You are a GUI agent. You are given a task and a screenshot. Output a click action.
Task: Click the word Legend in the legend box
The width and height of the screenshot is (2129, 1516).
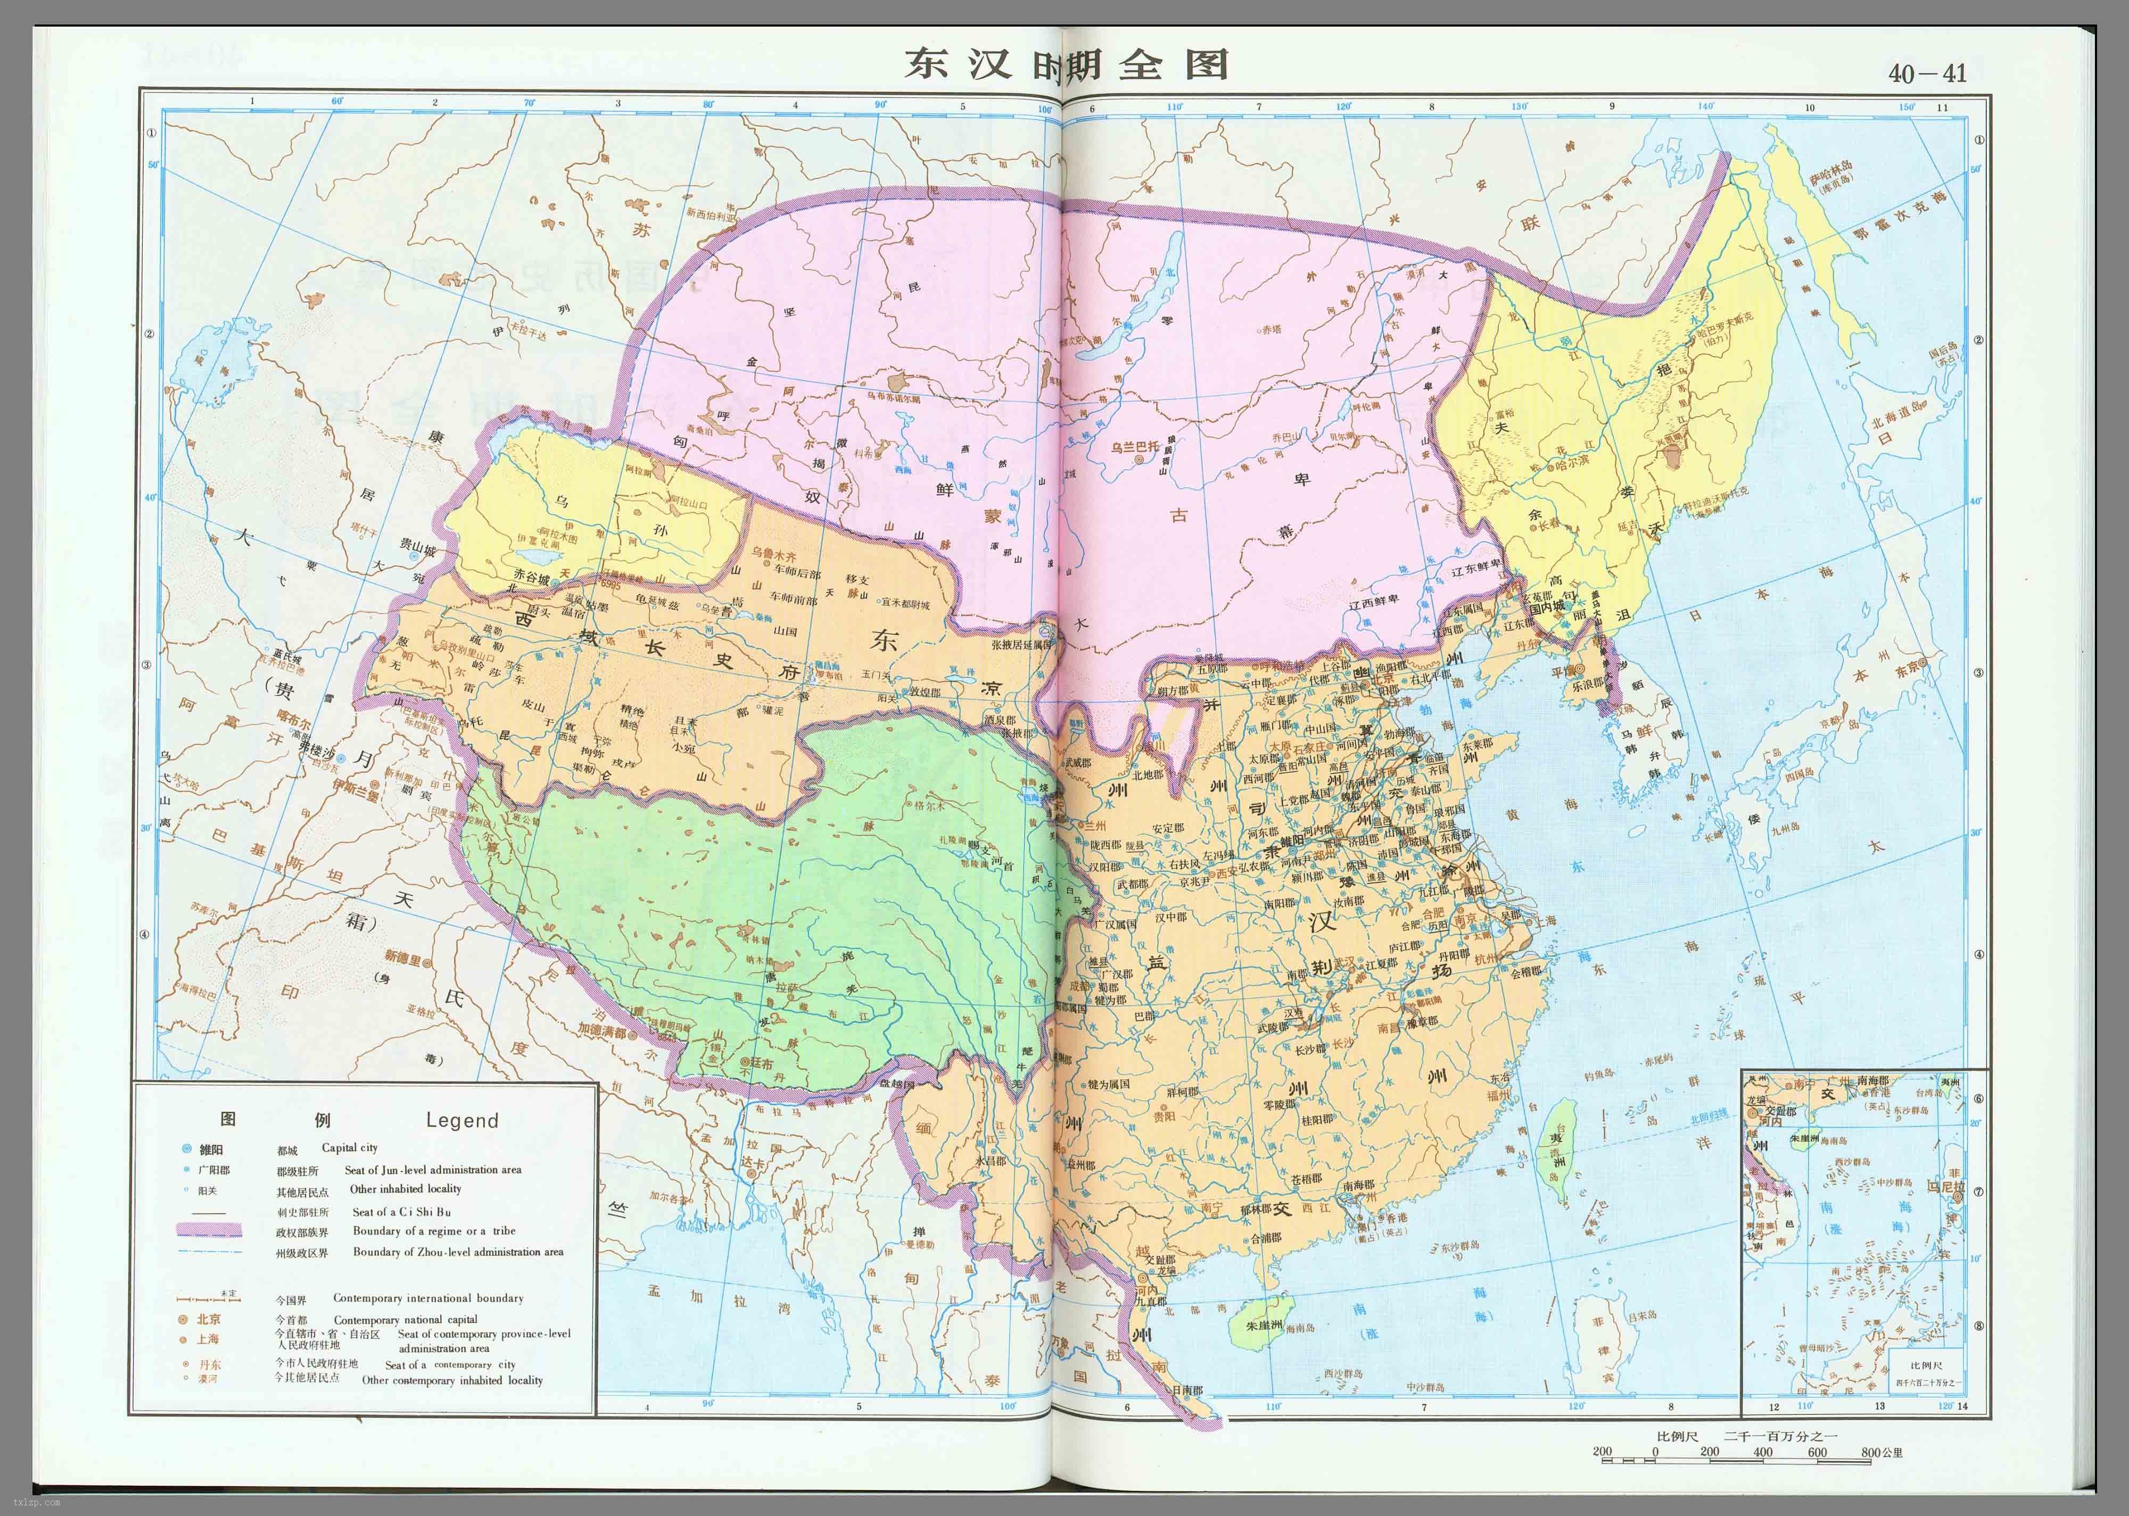pyautogui.click(x=461, y=1120)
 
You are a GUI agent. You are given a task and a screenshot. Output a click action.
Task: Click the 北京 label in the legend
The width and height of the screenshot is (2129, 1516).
pyautogui.click(x=208, y=1319)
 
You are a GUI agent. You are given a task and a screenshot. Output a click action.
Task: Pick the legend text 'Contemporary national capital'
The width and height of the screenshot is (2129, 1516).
pyautogui.click(x=405, y=1319)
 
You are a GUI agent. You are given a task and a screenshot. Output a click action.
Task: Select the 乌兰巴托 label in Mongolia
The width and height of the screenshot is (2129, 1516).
pyautogui.click(x=1133, y=447)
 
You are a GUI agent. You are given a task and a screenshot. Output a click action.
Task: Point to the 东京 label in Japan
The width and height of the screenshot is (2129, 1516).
pyautogui.click(x=1906, y=669)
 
